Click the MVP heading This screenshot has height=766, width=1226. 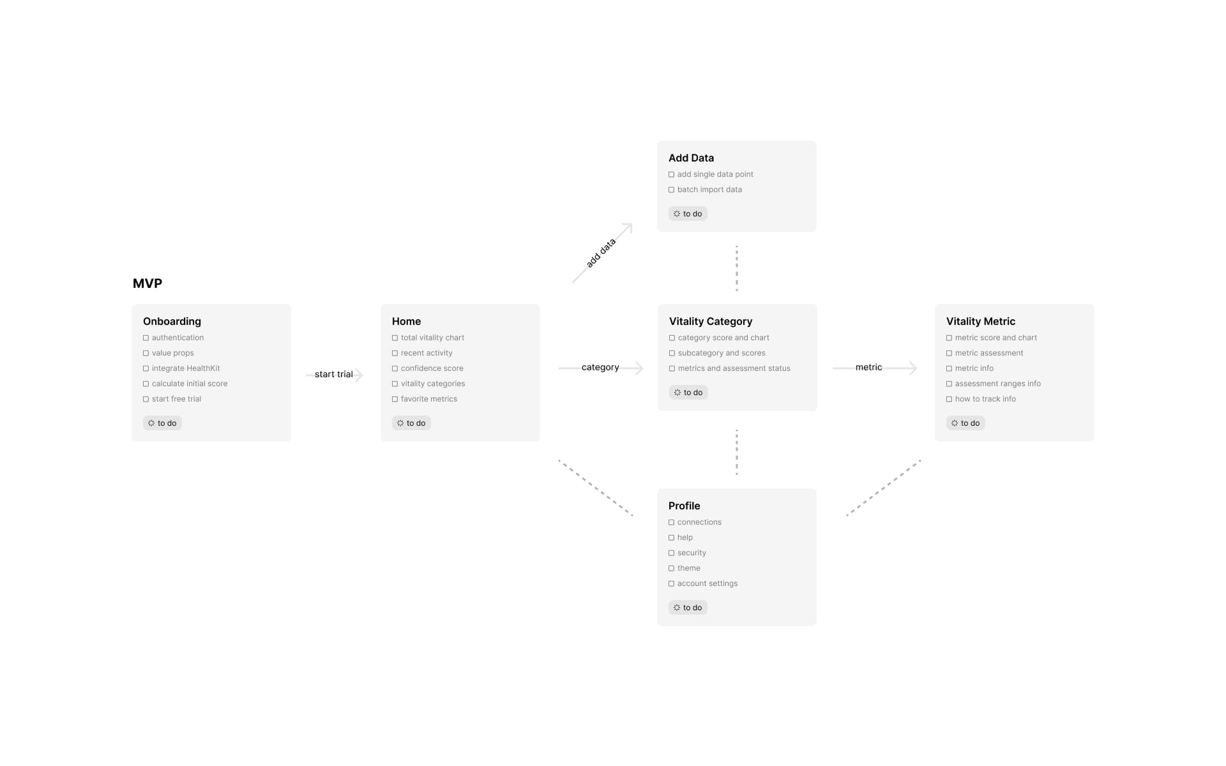point(148,283)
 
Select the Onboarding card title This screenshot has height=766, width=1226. point(172,321)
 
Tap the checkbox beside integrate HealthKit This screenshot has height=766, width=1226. point(146,368)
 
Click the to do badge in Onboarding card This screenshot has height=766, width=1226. point(162,423)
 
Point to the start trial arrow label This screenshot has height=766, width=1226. point(333,374)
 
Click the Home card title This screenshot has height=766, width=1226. point(406,321)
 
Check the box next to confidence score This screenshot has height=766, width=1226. point(395,368)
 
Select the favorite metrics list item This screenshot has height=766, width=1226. point(429,399)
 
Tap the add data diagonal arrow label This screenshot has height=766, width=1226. point(601,253)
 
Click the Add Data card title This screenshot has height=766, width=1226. point(691,158)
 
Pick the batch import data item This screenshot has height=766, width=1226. point(709,190)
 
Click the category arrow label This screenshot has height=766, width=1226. point(600,367)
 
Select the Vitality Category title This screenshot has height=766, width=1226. point(711,321)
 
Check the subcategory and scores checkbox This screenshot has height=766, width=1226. point(672,353)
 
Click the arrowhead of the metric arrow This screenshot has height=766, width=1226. point(913,368)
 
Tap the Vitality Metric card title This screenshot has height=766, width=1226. point(981,321)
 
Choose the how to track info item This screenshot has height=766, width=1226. point(985,399)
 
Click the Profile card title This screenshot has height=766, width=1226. point(684,506)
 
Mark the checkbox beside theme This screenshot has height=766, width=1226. point(671,568)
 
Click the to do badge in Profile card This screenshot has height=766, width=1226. point(688,608)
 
